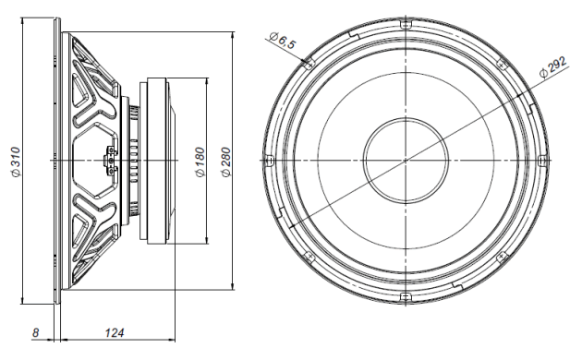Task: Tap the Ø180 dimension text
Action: [x=199, y=162]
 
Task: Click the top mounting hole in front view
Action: [x=405, y=23]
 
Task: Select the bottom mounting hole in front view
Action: [x=405, y=296]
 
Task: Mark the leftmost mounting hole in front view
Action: [x=268, y=160]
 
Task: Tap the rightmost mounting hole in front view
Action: [x=541, y=160]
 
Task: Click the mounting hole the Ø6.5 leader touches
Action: [x=309, y=63]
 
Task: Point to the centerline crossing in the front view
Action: [x=405, y=160]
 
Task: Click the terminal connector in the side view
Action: [x=112, y=160]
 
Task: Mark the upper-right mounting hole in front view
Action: [x=502, y=63]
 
